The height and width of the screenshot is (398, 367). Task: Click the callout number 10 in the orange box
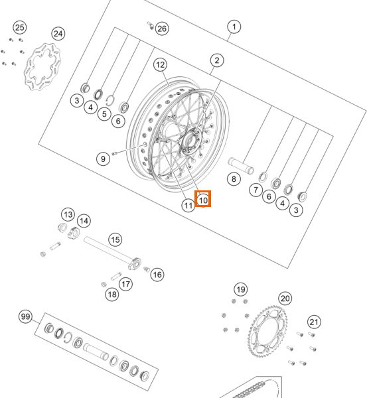[203, 200]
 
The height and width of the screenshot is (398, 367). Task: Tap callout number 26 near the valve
[162, 29]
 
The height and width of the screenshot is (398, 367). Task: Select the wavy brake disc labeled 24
[42, 66]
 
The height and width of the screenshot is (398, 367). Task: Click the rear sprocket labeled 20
[267, 331]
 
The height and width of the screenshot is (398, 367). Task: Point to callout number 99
[25, 316]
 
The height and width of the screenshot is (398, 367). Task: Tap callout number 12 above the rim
[160, 65]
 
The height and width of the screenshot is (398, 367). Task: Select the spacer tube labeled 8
[241, 166]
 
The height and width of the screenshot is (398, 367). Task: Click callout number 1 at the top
[234, 27]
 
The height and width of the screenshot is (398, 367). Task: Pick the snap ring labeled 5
[110, 100]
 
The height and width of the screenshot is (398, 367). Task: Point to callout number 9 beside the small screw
[103, 159]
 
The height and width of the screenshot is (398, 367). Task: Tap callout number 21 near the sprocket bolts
[314, 322]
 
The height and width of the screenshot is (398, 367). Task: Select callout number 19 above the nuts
[241, 289]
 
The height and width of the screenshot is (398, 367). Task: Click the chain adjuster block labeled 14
[74, 232]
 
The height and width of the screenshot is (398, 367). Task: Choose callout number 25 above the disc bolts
[20, 27]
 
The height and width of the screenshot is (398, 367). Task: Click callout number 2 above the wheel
[217, 60]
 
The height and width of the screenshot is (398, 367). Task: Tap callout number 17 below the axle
[125, 284]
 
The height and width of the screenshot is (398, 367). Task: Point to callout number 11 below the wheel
[188, 206]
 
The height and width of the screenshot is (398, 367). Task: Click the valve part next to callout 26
[151, 25]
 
